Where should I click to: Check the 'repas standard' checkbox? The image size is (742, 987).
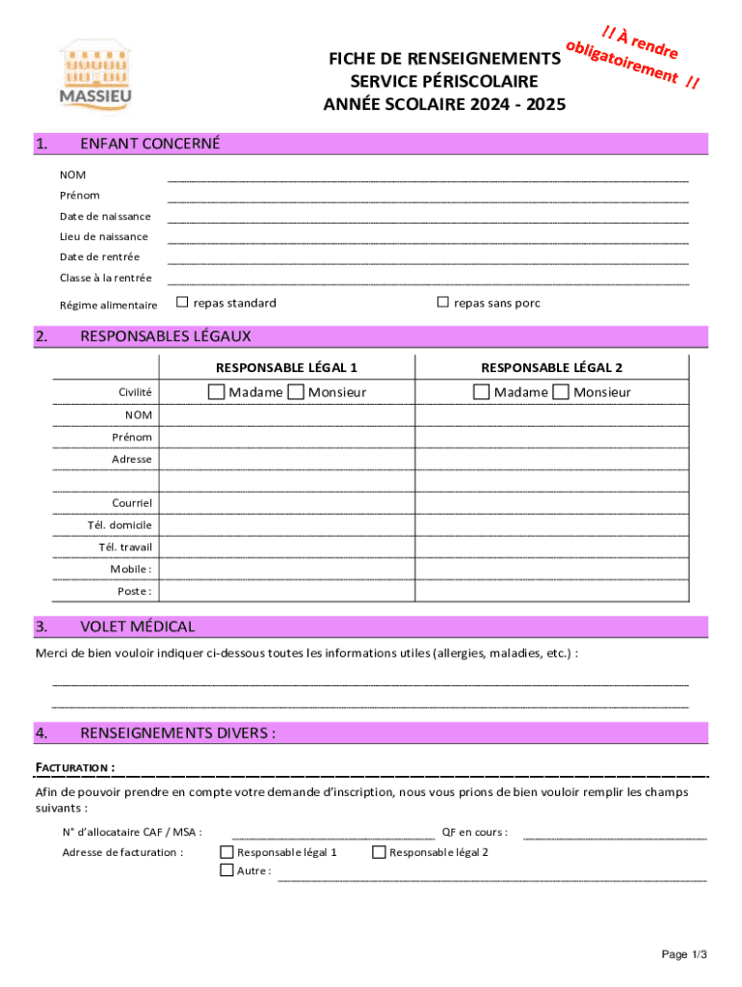[x=182, y=303]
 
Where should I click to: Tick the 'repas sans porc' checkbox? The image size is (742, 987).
[x=443, y=303]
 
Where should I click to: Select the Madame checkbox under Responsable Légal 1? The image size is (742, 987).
[x=217, y=391]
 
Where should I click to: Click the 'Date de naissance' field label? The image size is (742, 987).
[x=105, y=216]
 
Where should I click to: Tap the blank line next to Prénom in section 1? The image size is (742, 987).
[x=428, y=200]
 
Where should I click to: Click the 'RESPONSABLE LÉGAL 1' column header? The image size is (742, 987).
[x=286, y=367]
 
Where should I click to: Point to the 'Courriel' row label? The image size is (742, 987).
[x=132, y=503]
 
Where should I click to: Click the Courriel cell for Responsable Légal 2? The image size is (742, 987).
[x=552, y=503]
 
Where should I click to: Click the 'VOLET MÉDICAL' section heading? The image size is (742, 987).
[x=137, y=627]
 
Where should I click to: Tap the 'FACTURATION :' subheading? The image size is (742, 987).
[x=75, y=767]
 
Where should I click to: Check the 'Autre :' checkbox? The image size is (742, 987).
[x=226, y=869]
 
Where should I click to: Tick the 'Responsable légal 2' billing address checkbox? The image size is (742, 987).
[x=379, y=852]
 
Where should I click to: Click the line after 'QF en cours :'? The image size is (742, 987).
[x=614, y=837]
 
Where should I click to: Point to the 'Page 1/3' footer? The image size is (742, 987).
[x=684, y=954]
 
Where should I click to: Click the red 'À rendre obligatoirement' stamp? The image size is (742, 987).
[x=631, y=58]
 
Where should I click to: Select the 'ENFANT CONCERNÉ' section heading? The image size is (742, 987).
[x=149, y=145]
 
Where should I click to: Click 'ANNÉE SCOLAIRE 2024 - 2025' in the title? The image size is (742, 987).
[x=444, y=103]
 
